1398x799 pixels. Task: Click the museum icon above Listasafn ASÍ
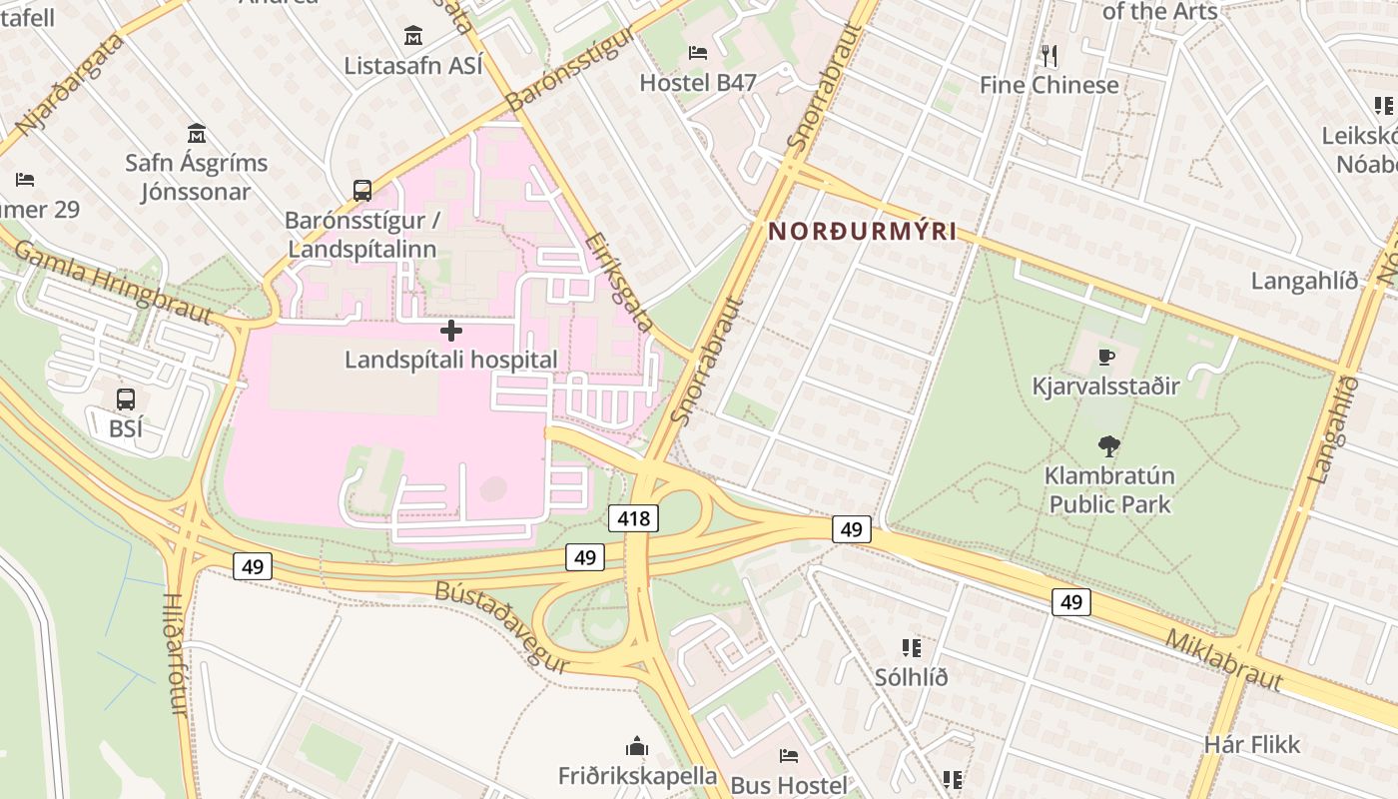[x=413, y=36]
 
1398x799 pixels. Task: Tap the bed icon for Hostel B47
[x=698, y=52]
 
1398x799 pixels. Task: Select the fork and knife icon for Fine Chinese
[x=1048, y=55]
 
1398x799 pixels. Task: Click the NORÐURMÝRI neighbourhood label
[x=862, y=232]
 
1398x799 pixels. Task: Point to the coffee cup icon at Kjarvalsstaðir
[x=1105, y=357]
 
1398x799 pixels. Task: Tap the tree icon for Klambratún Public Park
[x=1108, y=445]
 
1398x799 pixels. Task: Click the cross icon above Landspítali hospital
[x=451, y=330]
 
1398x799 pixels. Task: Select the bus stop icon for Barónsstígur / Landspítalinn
[x=362, y=190]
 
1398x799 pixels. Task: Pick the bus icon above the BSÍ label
[x=126, y=399]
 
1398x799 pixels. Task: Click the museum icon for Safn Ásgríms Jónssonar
[x=197, y=133]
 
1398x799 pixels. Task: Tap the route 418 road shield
[x=632, y=518]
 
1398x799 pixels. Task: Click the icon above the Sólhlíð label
[x=911, y=648]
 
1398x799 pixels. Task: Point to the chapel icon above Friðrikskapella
[x=637, y=746]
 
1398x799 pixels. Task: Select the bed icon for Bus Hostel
[x=789, y=756]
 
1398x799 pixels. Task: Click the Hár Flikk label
[x=1252, y=744]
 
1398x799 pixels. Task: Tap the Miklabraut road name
[x=1223, y=660]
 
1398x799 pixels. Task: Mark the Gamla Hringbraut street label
[x=113, y=282]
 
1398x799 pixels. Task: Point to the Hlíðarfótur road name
[x=175, y=653]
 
